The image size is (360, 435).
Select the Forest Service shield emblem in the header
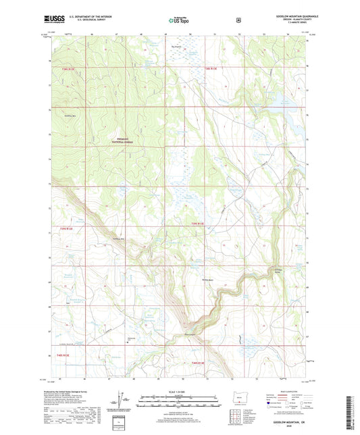tap(238, 20)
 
